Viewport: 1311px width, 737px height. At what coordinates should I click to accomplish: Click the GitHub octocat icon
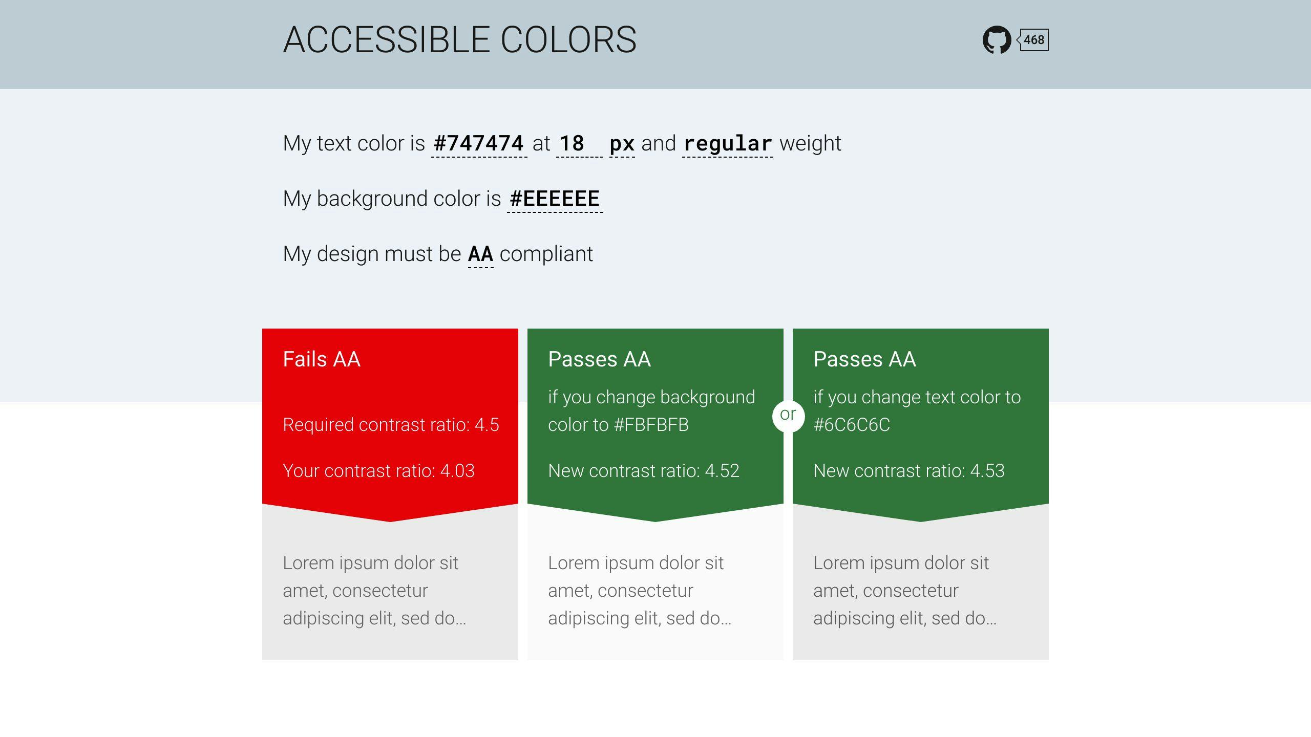click(x=996, y=40)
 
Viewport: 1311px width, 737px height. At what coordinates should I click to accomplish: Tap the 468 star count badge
click(x=1034, y=40)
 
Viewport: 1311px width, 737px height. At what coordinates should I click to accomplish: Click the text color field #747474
click(x=479, y=143)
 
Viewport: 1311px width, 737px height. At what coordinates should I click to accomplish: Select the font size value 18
click(x=572, y=143)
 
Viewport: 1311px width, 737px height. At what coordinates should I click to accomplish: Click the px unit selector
click(x=622, y=143)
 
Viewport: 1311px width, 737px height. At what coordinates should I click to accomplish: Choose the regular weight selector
click(x=728, y=143)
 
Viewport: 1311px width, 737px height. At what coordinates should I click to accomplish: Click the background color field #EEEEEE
click(x=555, y=199)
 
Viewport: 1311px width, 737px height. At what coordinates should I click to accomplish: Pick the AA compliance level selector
click(x=480, y=254)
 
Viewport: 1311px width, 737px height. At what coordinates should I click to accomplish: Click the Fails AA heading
click(x=322, y=359)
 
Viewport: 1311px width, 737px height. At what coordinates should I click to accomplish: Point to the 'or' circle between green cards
click(x=788, y=415)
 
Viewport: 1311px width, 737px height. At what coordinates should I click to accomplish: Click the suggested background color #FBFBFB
click(x=651, y=425)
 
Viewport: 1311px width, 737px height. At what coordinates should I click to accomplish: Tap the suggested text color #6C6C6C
click(x=852, y=425)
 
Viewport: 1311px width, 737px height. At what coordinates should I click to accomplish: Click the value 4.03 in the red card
click(x=457, y=471)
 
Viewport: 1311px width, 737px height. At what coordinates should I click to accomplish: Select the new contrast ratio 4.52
click(x=722, y=471)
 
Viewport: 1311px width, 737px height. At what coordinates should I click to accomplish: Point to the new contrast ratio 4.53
click(x=987, y=471)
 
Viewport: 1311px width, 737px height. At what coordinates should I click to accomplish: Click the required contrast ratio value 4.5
click(x=487, y=425)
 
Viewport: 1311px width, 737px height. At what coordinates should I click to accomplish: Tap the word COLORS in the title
click(x=568, y=40)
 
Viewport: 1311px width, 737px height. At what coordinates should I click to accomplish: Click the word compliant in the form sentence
click(x=546, y=254)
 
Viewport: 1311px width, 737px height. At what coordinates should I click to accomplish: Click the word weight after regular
click(x=810, y=143)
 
